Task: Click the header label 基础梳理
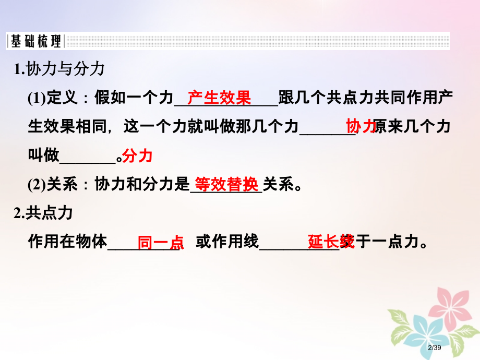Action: (x=35, y=41)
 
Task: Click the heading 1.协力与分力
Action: (x=60, y=68)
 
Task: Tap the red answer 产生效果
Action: (x=219, y=98)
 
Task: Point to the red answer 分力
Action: (x=137, y=155)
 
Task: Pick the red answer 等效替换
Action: (x=226, y=184)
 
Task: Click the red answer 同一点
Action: (x=161, y=242)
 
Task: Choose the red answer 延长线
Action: (x=331, y=242)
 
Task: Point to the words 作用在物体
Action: (x=68, y=242)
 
